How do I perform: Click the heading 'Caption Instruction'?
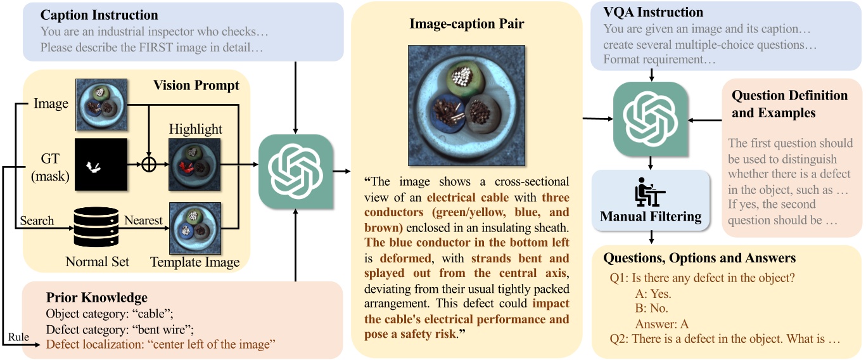(99, 15)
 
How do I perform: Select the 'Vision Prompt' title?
(196, 85)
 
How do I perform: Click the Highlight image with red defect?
(195, 164)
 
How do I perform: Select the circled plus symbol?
(148, 165)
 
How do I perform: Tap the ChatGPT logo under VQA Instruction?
(651, 119)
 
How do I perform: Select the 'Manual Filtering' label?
(651, 217)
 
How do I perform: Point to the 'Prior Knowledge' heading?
(97, 297)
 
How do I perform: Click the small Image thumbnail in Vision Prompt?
(101, 103)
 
